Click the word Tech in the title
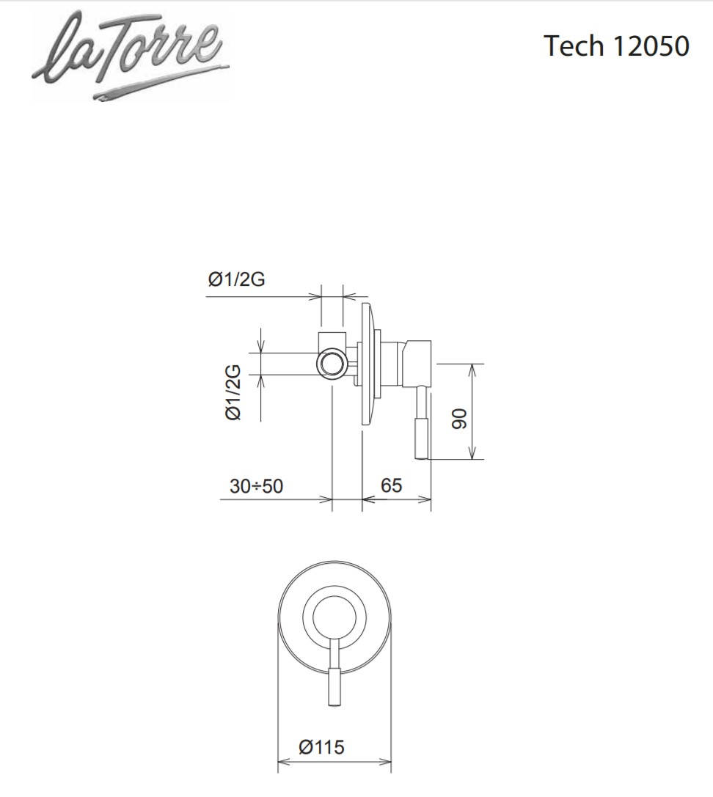pos(574,45)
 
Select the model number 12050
pos(651,45)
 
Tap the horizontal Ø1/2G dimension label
pos(236,279)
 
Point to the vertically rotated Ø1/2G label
pos(233,392)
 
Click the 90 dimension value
pos(459,419)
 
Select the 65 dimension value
pos(391,485)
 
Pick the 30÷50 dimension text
pos(256,486)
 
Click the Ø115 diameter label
pos(321,746)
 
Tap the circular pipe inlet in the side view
pos(331,364)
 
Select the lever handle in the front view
pos(334,672)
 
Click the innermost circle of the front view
pos(334,617)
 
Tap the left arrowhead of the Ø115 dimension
pos(282,761)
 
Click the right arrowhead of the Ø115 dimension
pos(386,761)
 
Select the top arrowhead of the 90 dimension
pos(472,370)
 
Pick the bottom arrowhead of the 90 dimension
pos(472,453)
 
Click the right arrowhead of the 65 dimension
pos(425,499)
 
